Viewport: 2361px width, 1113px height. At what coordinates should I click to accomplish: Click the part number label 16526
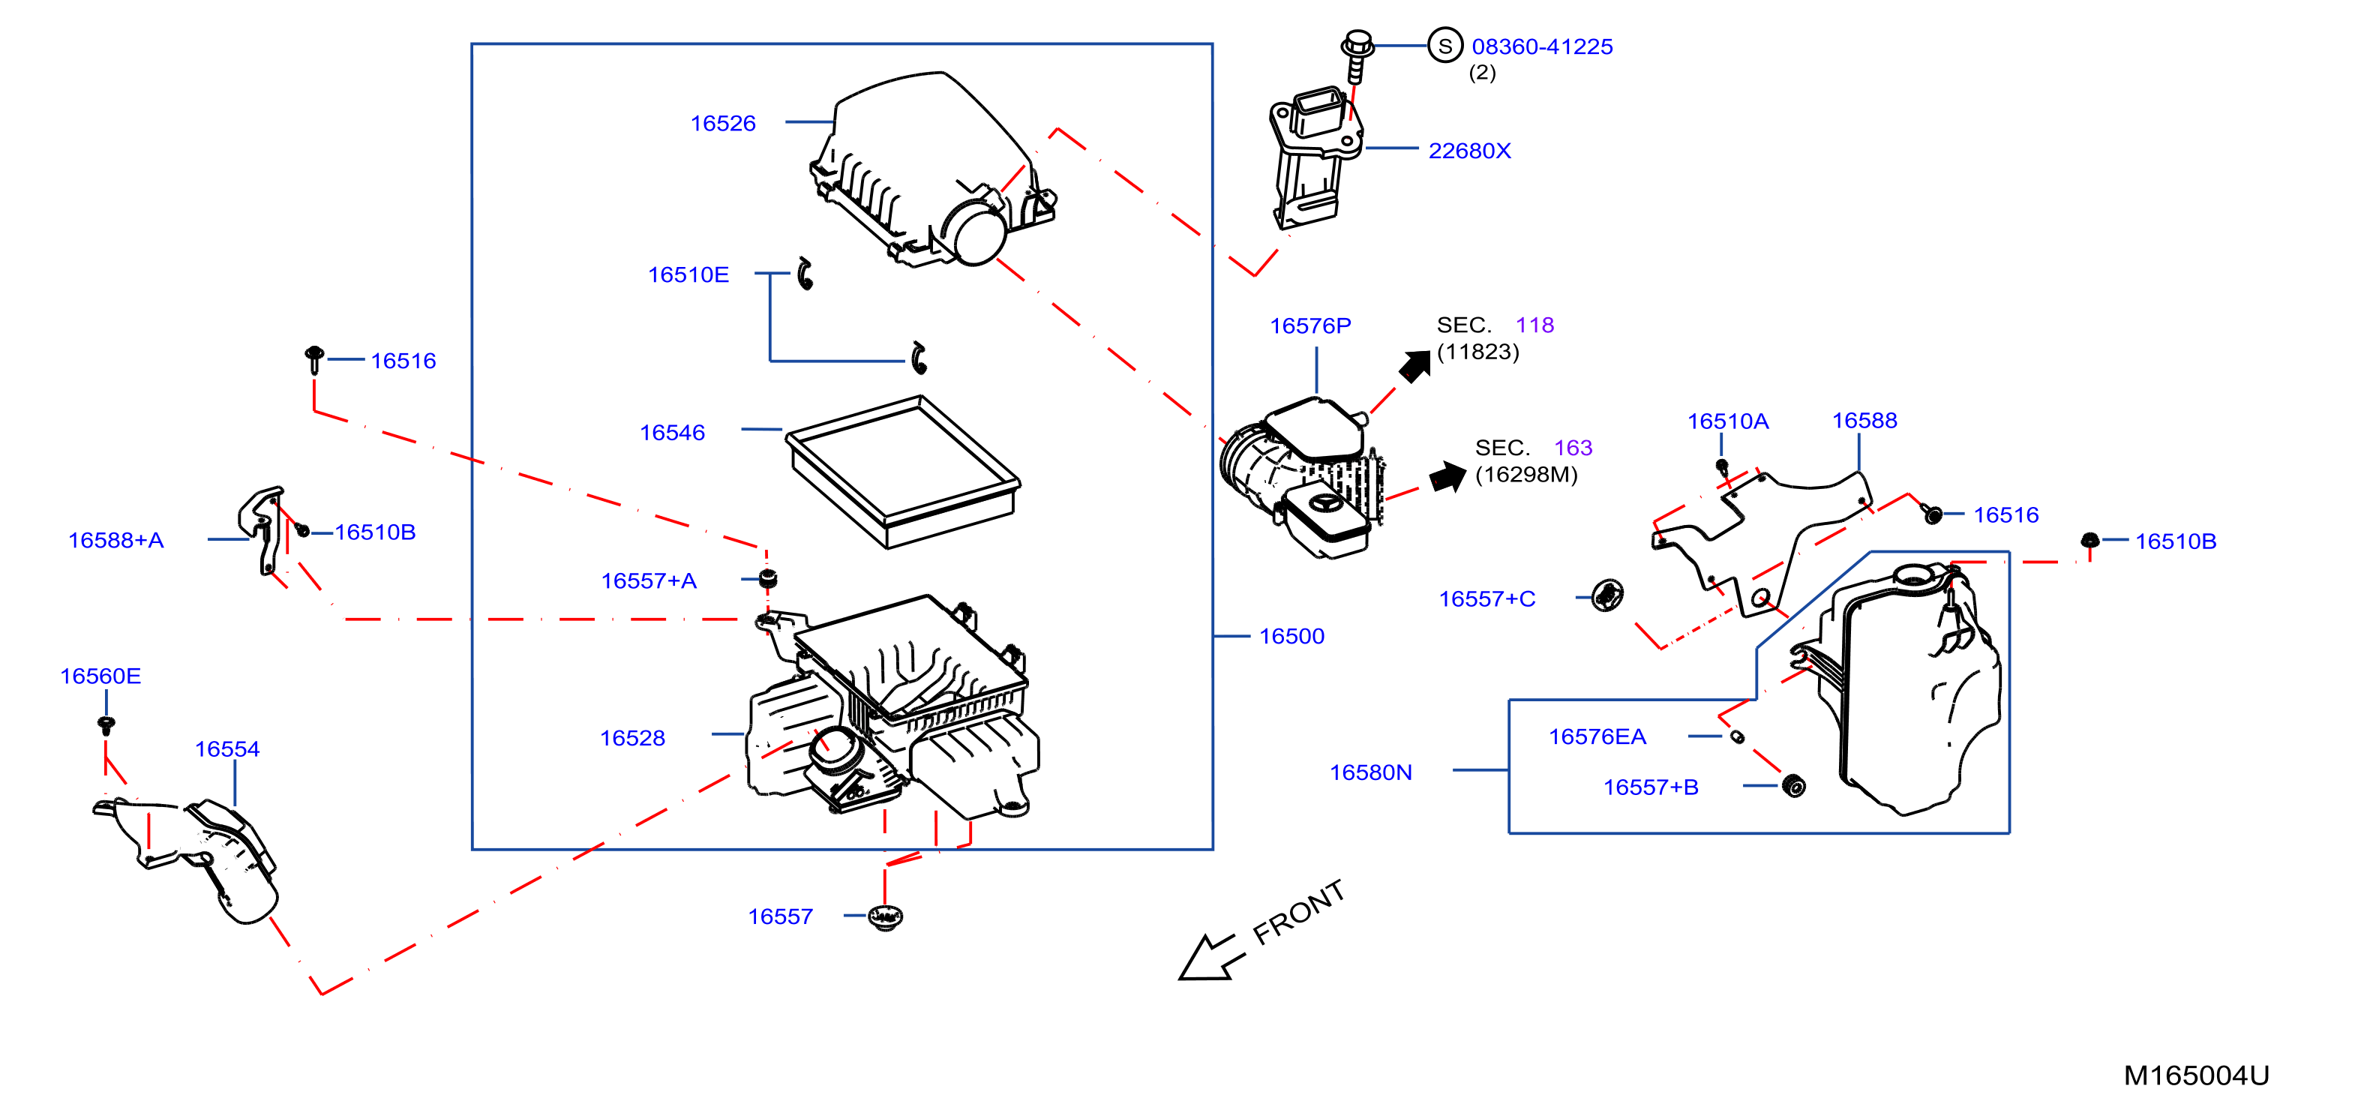(722, 124)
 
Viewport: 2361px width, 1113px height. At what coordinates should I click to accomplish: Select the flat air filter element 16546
(903, 472)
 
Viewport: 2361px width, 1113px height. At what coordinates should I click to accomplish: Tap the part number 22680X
(1469, 151)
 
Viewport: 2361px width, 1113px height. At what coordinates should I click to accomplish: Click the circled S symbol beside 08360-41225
(1445, 45)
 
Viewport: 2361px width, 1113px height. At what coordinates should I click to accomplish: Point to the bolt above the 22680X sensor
(1357, 55)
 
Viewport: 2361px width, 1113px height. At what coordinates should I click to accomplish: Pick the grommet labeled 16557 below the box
(884, 916)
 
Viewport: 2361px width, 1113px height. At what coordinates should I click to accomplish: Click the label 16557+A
(649, 581)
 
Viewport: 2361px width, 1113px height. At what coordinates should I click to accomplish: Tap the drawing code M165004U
(2196, 1075)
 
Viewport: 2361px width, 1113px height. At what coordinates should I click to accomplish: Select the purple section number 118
(1535, 325)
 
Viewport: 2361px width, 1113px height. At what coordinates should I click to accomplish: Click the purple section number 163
(1573, 448)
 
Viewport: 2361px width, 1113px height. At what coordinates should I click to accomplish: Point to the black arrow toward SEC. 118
(1415, 366)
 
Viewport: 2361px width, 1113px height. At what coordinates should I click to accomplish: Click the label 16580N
(1370, 772)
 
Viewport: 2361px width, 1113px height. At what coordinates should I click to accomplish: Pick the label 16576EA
(1597, 737)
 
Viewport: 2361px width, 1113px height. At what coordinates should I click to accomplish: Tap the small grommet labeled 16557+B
(1794, 786)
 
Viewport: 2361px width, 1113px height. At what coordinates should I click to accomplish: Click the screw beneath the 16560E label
(106, 725)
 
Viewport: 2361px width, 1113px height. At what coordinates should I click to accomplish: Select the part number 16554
(227, 750)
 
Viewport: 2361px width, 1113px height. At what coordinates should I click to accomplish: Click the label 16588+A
(116, 541)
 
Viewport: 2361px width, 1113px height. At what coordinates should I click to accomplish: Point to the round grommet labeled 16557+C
(1606, 596)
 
